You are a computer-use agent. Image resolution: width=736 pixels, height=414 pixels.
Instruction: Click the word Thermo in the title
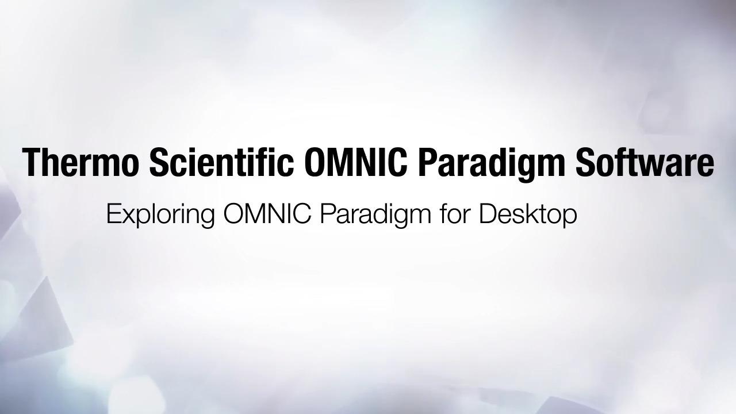click(79, 162)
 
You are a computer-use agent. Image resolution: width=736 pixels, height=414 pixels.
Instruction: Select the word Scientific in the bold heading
click(222, 162)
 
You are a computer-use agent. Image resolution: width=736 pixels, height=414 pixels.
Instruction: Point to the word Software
click(645, 162)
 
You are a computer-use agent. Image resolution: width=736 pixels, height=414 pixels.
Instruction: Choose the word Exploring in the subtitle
click(160, 215)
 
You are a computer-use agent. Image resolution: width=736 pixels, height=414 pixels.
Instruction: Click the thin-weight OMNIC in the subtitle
click(267, 214)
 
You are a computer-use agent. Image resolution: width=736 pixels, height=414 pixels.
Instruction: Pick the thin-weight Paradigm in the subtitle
click(375, 215)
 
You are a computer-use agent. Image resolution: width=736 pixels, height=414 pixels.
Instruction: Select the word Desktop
click(528, 215)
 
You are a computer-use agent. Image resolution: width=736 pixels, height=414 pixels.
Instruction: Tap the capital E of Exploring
click(113, 214)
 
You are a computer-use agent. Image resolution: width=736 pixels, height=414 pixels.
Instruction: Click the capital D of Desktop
click(488, 214)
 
